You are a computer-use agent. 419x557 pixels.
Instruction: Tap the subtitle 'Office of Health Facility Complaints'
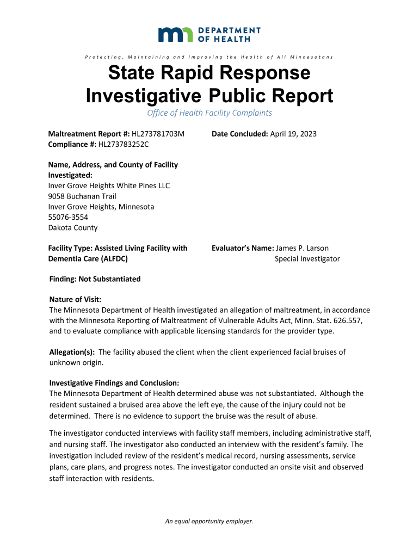pyautogui.click(x=209, y=113)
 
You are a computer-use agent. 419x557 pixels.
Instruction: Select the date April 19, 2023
pyautogui.click(x=293, y=134)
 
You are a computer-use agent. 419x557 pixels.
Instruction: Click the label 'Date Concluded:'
pyautogui.click(x=239, y=134)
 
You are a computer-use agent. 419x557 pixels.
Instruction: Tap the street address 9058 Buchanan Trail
pyautogui.click(x=82, y=196)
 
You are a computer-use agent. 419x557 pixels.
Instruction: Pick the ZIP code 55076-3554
pyautogui.click(x=68, y=217)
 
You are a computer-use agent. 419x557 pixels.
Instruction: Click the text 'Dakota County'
pyautogui.click(x=73, y=228)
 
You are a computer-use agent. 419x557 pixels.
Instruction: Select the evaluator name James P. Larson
pyautogui.click(x=302, y=248)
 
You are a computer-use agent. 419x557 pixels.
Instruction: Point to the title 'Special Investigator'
pyautogui.click(x=307, y=259)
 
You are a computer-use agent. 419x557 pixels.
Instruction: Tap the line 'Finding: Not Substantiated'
pyautogui.click(x=95, y=279)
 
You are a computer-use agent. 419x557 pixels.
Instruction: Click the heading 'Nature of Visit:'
pyautogui.click(x=75, y=300)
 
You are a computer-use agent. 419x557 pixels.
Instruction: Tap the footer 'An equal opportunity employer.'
pyautogui.click(x=209, y=521)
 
